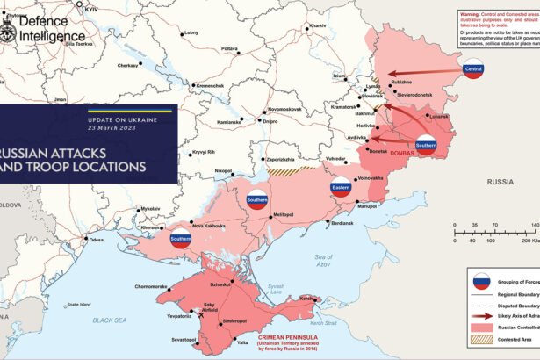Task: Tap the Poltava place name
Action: [229, 48]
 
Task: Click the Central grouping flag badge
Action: [473, 70]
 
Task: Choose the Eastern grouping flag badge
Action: [342, 186]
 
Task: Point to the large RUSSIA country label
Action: [500, 182]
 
